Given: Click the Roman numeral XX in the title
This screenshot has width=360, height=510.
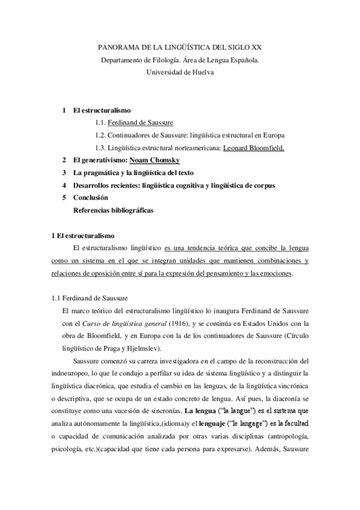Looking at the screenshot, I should (256, 47).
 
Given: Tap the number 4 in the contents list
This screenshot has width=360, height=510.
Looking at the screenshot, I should (64, 186).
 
